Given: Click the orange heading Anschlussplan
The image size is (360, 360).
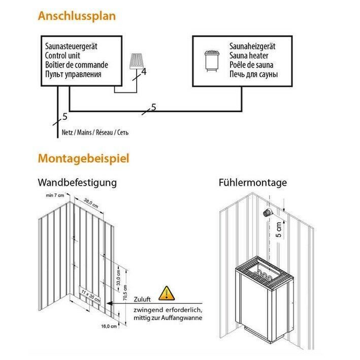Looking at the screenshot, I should [x=77, y=16].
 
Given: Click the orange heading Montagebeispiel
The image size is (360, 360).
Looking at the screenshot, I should [x=83, y=158].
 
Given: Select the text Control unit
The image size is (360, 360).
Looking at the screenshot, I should [x=63, y=56].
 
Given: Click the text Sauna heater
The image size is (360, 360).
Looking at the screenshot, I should [x=249, y=56].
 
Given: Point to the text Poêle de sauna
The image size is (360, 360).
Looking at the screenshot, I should [x=251, y=65].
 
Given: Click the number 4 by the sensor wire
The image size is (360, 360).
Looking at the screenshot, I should [x=144, y=72].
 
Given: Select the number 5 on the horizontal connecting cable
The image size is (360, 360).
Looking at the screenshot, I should [x=153, y=107].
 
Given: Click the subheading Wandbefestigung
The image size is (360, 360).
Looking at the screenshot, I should [x=77, y=182].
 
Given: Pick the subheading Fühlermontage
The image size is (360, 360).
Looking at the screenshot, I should [x=253, y=182].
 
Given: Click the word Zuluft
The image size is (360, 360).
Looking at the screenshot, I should [x=142, y=299].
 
